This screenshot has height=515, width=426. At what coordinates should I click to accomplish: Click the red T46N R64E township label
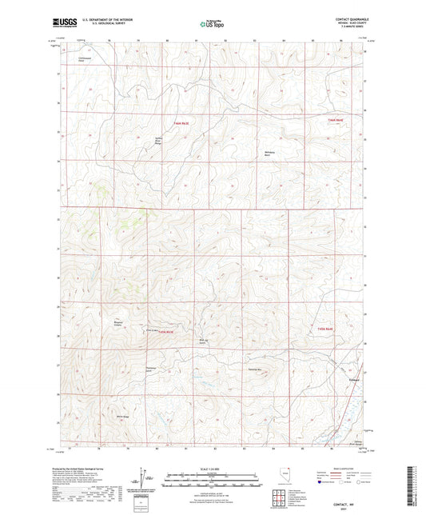[x=336, y=120]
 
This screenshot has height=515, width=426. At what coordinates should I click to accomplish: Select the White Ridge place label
[x=123, y=415]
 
